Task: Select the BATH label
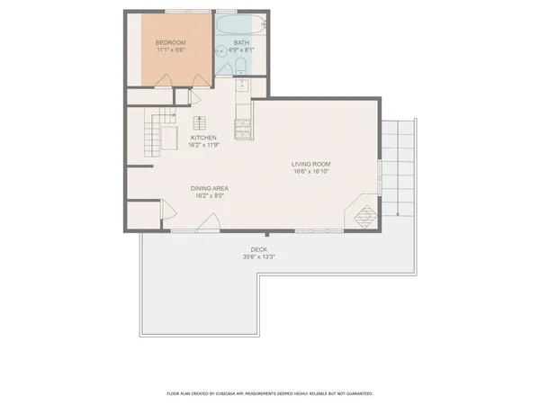click(241, 42)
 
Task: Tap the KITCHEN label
click(203, 138)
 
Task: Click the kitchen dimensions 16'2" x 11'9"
click(203, 145)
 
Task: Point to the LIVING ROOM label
click(311, 164)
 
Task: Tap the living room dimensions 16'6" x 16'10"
click(311, 171)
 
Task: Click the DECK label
click(258, 249)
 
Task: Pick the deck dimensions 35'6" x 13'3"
click(258, 256)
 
